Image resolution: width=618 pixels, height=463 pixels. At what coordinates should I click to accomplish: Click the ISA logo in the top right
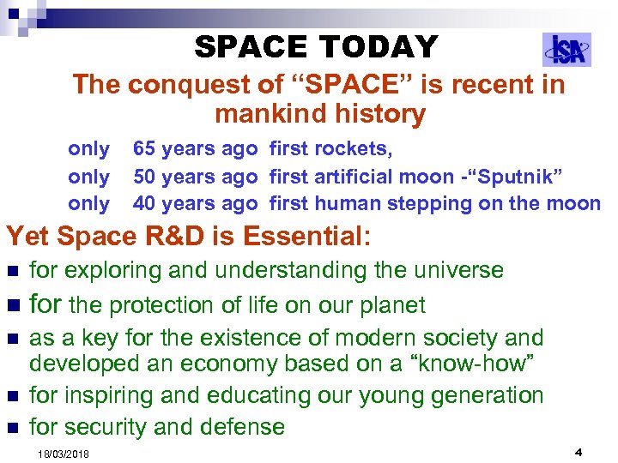pyautogui.click(x=566, y=50)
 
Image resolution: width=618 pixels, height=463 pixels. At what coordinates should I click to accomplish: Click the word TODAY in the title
pyautogui.click(x=377, y=46)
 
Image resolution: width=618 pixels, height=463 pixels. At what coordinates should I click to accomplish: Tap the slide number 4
pyautogui.click(x=579, y=451)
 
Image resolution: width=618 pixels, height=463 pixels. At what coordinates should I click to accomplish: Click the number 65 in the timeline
pyautogui.click(x=144, y=149)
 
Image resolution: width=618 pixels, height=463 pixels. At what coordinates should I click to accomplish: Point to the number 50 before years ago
pyautogui.click(x=144, y=177)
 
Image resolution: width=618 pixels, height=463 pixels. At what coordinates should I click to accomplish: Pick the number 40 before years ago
pyautogui.click(x=144, y=204)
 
